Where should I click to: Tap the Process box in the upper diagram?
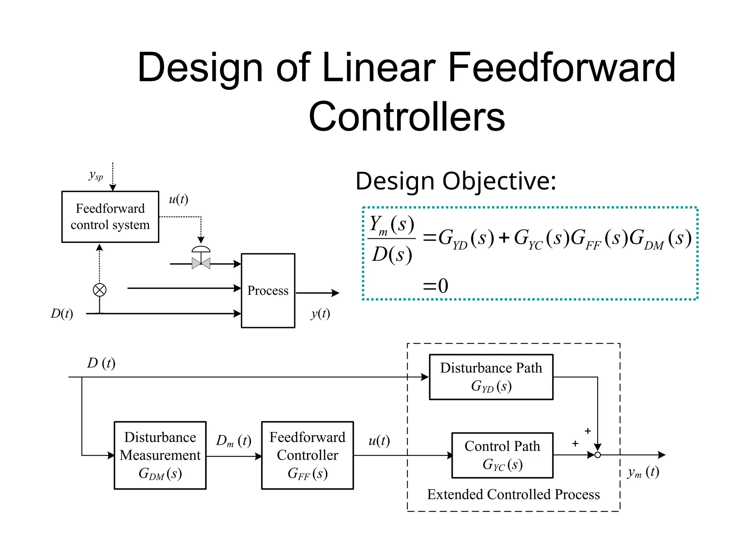pos(268,291)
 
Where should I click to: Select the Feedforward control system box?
pos(110,216)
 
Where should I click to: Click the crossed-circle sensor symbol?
pos(100,290)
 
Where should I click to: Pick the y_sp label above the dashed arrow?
pos(96,176)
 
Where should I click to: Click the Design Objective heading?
pos(455,181)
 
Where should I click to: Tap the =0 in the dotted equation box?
pos(436,285)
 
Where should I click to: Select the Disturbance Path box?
pos(491,377)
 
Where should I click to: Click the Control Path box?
pos(502,455)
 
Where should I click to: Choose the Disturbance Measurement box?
pos(160,455)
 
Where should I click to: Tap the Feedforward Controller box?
pos(307,455)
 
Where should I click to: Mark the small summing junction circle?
pos(597,455)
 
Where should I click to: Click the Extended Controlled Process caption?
pos(513,494)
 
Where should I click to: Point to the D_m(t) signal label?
pos(233,441)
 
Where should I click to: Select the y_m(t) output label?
pos(643,472)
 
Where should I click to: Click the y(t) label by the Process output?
pos(320,314)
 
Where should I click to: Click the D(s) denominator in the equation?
pos(392,255)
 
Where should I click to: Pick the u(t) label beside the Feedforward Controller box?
pos(379,441)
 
